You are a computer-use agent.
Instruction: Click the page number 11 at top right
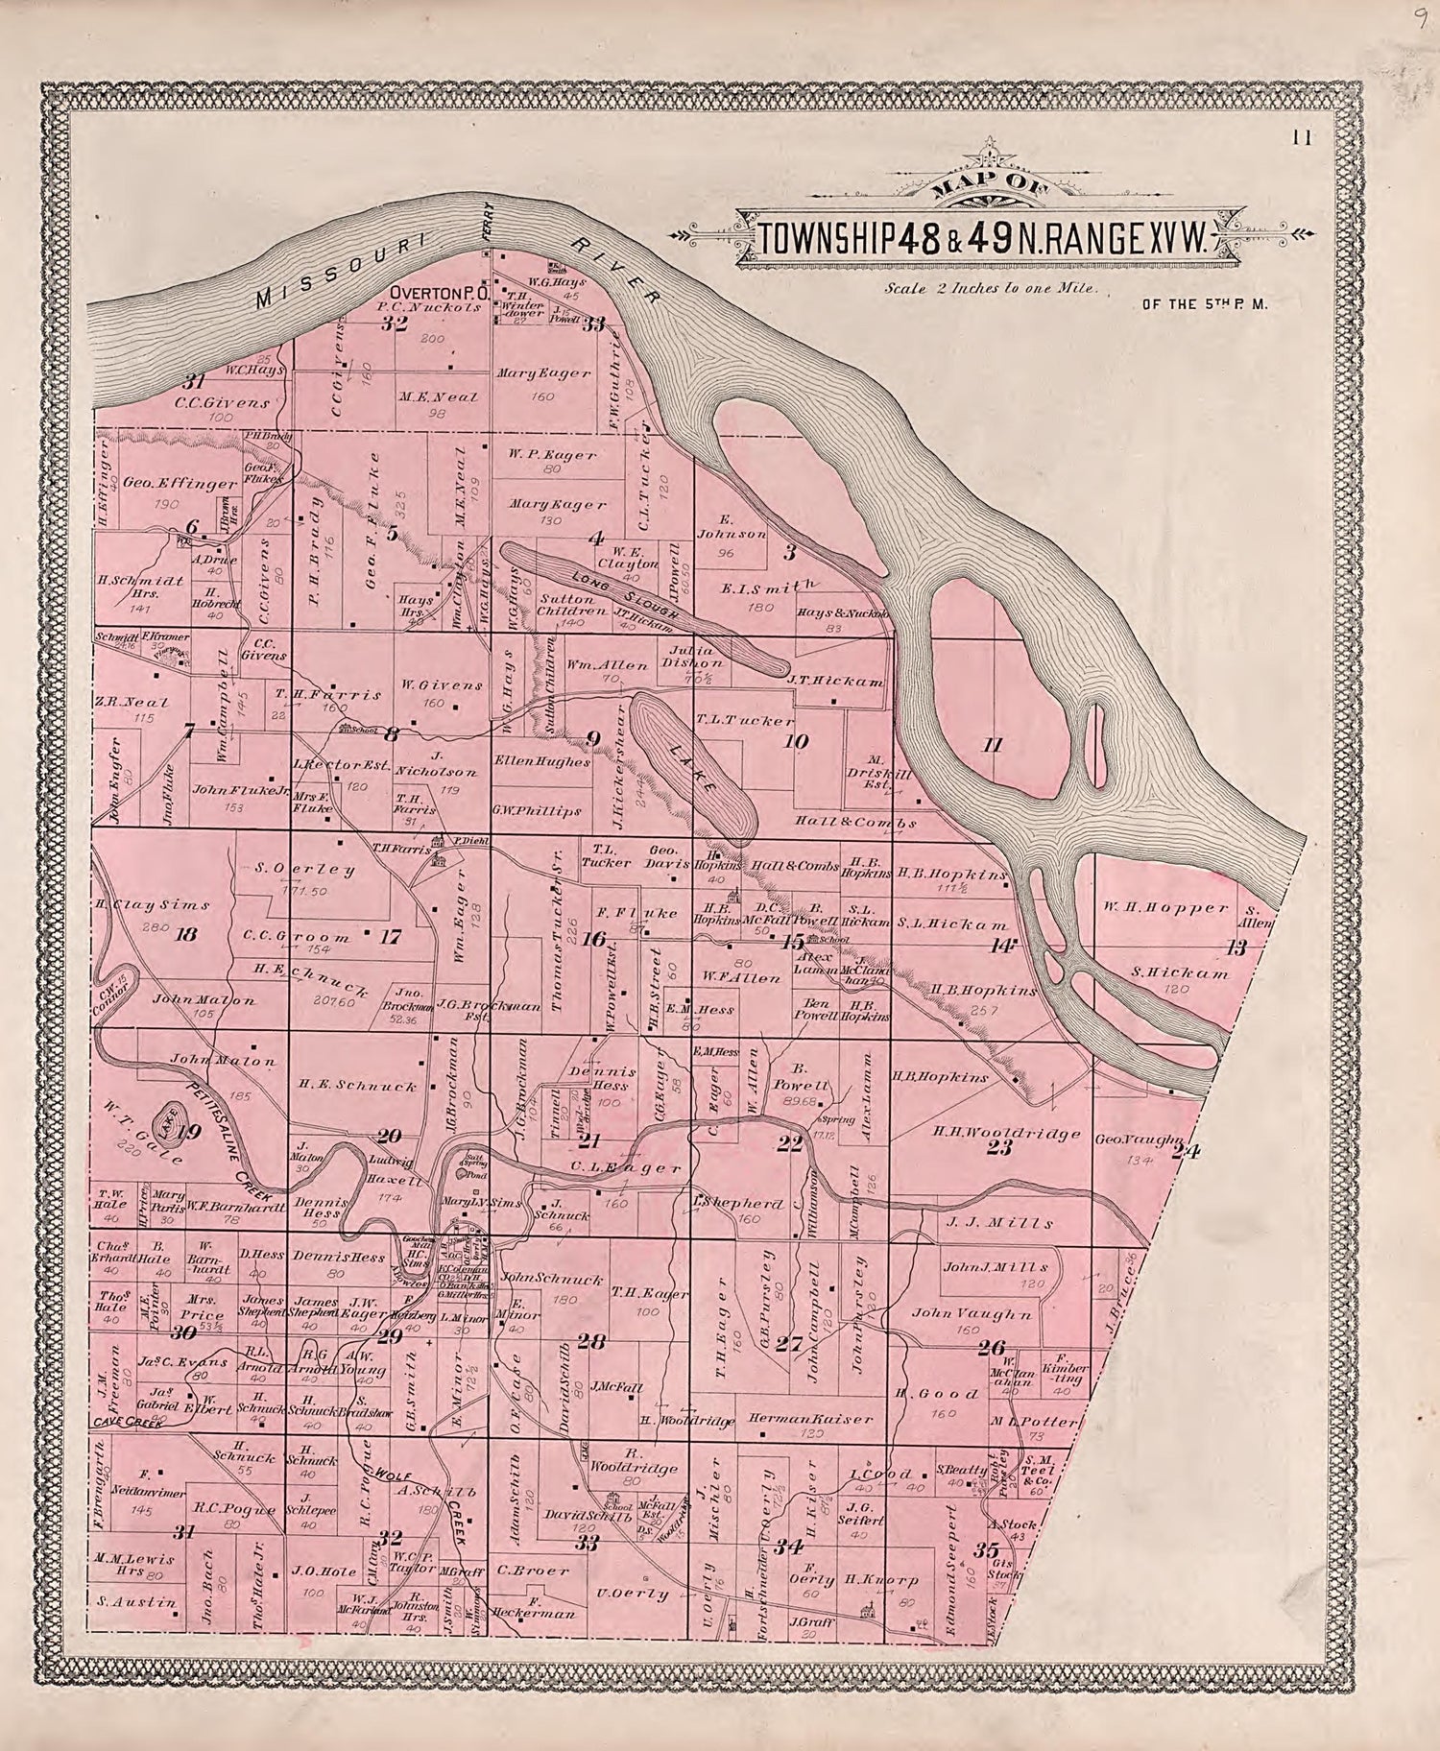pos(1302,137)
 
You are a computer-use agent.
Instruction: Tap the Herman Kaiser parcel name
pos(796,1418)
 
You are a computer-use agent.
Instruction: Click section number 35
pos(986,1548)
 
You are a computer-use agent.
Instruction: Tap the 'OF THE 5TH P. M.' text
pos(1206,304)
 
